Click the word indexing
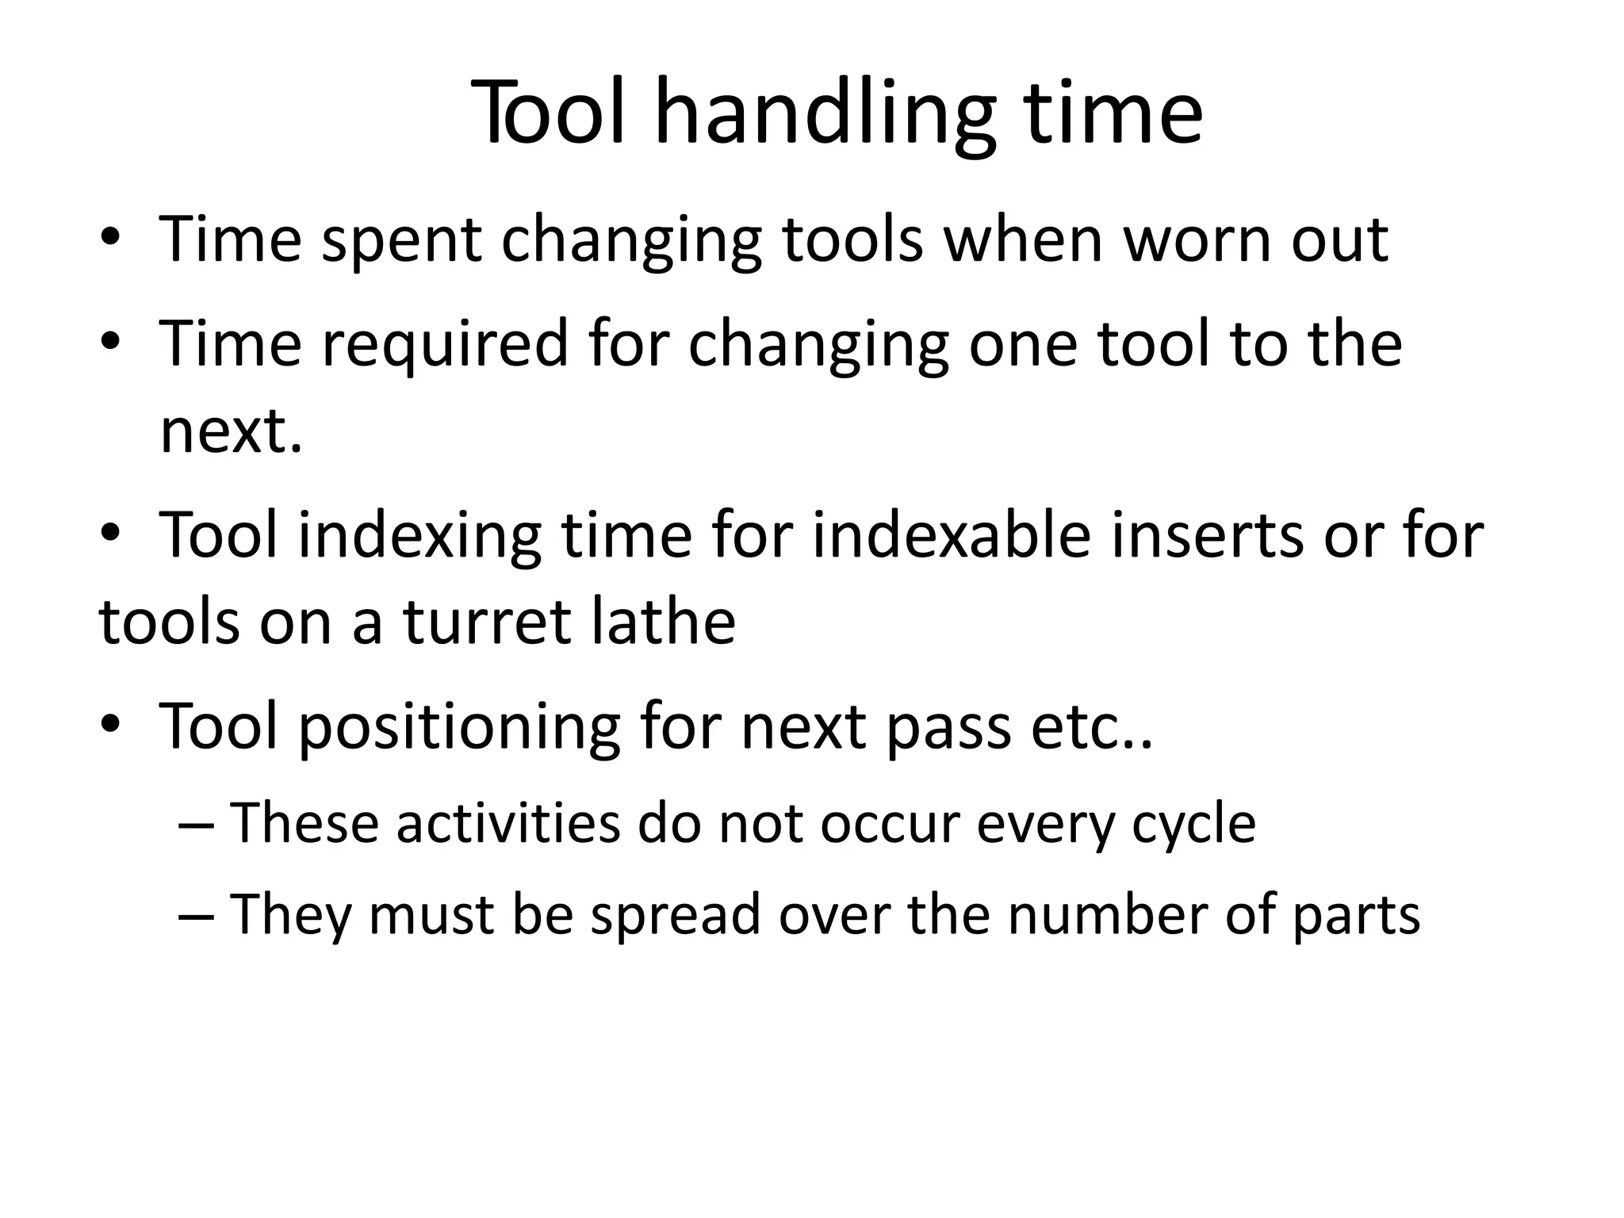(x=419, y=536)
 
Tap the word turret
(x=488, y=622)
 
